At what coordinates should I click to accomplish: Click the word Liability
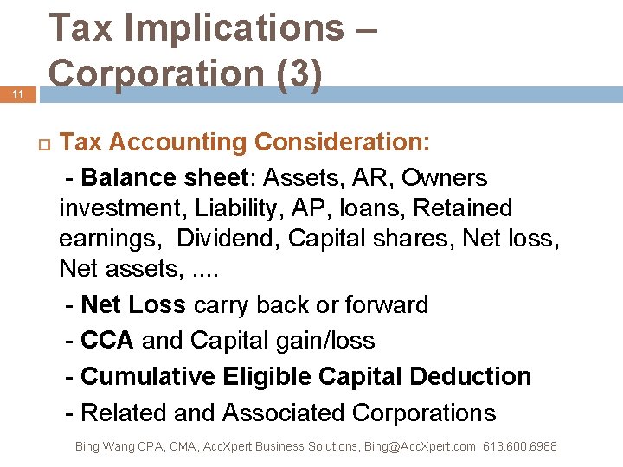click(x=243, y=208)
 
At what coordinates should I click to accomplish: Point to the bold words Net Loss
click(x=132, y=305)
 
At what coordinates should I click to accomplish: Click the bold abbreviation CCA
click(x=107, y=341)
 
